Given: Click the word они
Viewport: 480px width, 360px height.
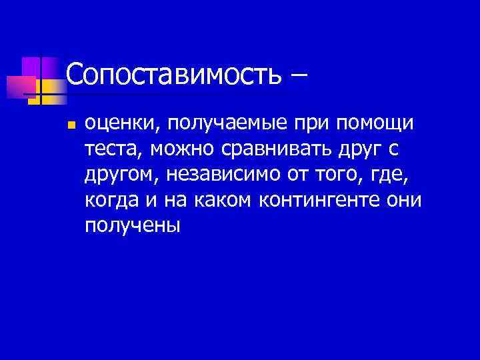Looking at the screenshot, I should [405, 200].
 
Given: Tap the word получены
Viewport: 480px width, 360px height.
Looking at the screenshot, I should [133, 225].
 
